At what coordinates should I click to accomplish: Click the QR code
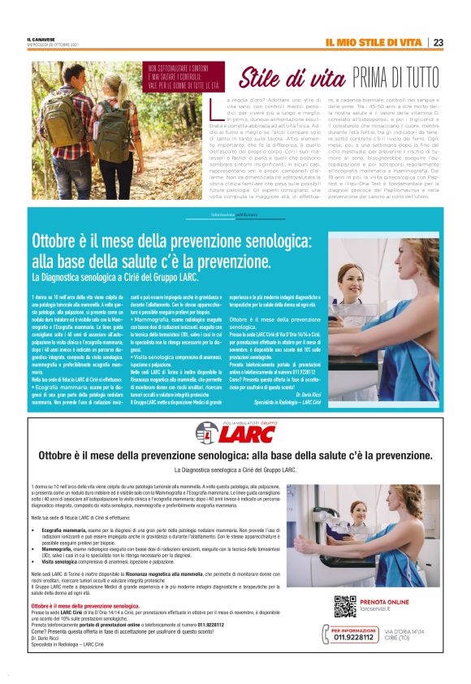pos(344,606)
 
